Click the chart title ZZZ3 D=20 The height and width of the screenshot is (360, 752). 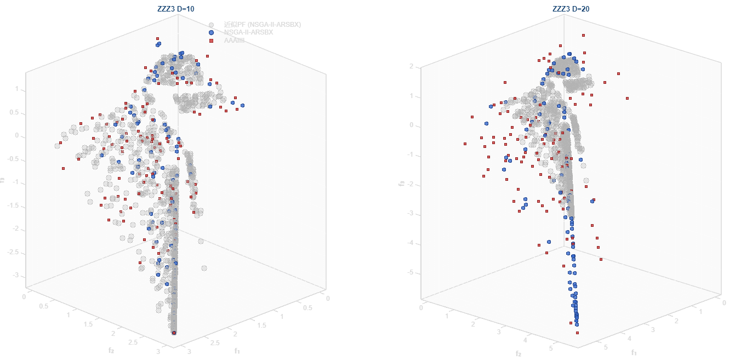pyautogui.click(x=571, y=8)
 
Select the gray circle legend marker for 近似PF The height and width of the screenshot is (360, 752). pyautogui.click(x=211, y=25)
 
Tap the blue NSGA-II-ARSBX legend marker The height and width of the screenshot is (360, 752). pyautogui.click(x=211, y=32)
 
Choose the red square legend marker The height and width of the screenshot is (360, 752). pyautogui.click(x=211, y=40)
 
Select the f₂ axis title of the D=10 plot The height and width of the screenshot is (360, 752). pyautogui.click(x=111, y=349)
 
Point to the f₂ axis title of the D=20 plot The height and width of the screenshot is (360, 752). pyautogui.click(x=519, y=353)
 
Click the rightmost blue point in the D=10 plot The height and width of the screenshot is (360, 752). pyautogui.click(x=242, y=105)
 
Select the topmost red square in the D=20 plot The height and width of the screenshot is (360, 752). pyautogui.click(x=583, y=35)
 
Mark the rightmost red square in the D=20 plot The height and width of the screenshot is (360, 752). pyautogui.click(x=627, y=99)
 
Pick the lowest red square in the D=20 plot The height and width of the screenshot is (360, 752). pyautogui.click(x=577, y=333)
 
